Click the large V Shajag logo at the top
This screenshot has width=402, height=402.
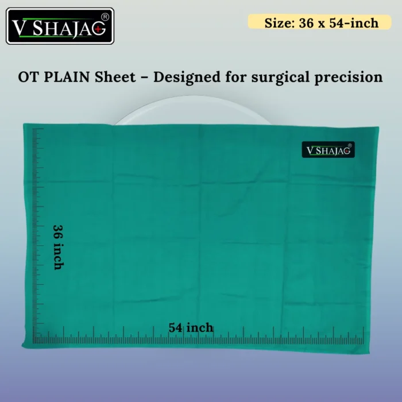coord(60,26)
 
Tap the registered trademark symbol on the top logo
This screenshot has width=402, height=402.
coord(105,16)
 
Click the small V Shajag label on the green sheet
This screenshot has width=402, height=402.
coord(328,150)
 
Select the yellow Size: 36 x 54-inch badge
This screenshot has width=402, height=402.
coord(321,23)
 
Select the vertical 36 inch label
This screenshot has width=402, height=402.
coord(58,246)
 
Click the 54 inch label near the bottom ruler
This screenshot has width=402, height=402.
coord(191,327)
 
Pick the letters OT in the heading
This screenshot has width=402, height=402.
coord(29,78)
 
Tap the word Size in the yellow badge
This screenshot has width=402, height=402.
coord(277,23)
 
